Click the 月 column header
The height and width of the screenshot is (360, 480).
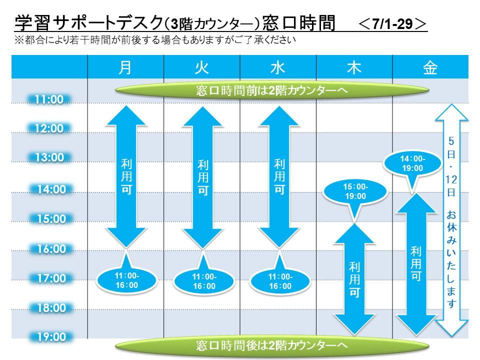125,67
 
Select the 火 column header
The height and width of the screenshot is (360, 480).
201,67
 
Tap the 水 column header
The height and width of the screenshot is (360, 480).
278,67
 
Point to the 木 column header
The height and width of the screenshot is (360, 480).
354,67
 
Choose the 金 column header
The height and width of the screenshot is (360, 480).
430,67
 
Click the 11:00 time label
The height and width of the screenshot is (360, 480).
49,99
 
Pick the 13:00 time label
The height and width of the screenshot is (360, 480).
49,157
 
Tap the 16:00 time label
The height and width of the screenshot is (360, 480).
51,249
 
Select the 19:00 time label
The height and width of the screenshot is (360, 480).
51,337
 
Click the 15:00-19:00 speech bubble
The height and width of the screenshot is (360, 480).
355,192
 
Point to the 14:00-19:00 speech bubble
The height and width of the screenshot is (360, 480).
412,164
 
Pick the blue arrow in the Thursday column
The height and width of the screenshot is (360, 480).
354,279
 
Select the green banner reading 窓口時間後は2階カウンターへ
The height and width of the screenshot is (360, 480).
272,346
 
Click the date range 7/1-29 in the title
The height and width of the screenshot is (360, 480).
392,24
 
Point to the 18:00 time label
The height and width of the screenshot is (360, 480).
51,307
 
